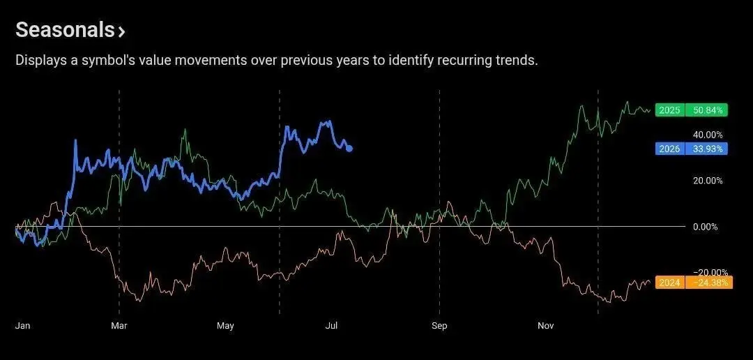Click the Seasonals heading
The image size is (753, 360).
click(65, 30)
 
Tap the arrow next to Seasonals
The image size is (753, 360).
click(121, 32)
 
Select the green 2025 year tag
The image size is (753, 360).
click(669, 110)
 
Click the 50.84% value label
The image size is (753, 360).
click(706, 110)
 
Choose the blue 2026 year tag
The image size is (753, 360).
click(669, 149)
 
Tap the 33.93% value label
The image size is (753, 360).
click(706, 149)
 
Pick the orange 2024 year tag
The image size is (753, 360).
click(669, 283)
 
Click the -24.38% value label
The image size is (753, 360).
click(708, 283)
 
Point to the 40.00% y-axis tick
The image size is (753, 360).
click(706, 135)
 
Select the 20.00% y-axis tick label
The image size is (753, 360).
click(706, 181)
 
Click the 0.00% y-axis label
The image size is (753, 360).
click(705, 227)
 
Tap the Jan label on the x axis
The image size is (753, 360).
click(22, 326)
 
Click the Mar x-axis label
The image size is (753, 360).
click(119, 326)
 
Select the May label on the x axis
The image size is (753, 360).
click(225, 326)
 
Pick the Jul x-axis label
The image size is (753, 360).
click(331, 326)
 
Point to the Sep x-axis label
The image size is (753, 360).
click(439, 326)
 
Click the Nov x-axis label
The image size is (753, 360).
click(545, 326)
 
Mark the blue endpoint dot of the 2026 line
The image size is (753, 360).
click(349, 149)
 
